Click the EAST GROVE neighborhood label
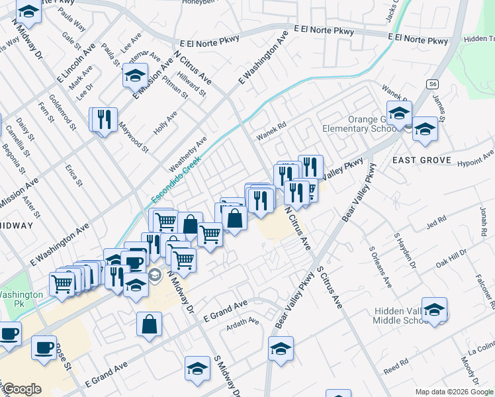click(x=421, y=160)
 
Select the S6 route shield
click(x=432, y=84)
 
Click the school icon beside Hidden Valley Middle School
click(x=434, y=310)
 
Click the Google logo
click(x=22, y=389)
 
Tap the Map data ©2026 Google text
click(x=453, y=392)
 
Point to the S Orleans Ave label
click(x=380, y=267)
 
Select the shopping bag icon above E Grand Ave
click(x=150, y=324)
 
